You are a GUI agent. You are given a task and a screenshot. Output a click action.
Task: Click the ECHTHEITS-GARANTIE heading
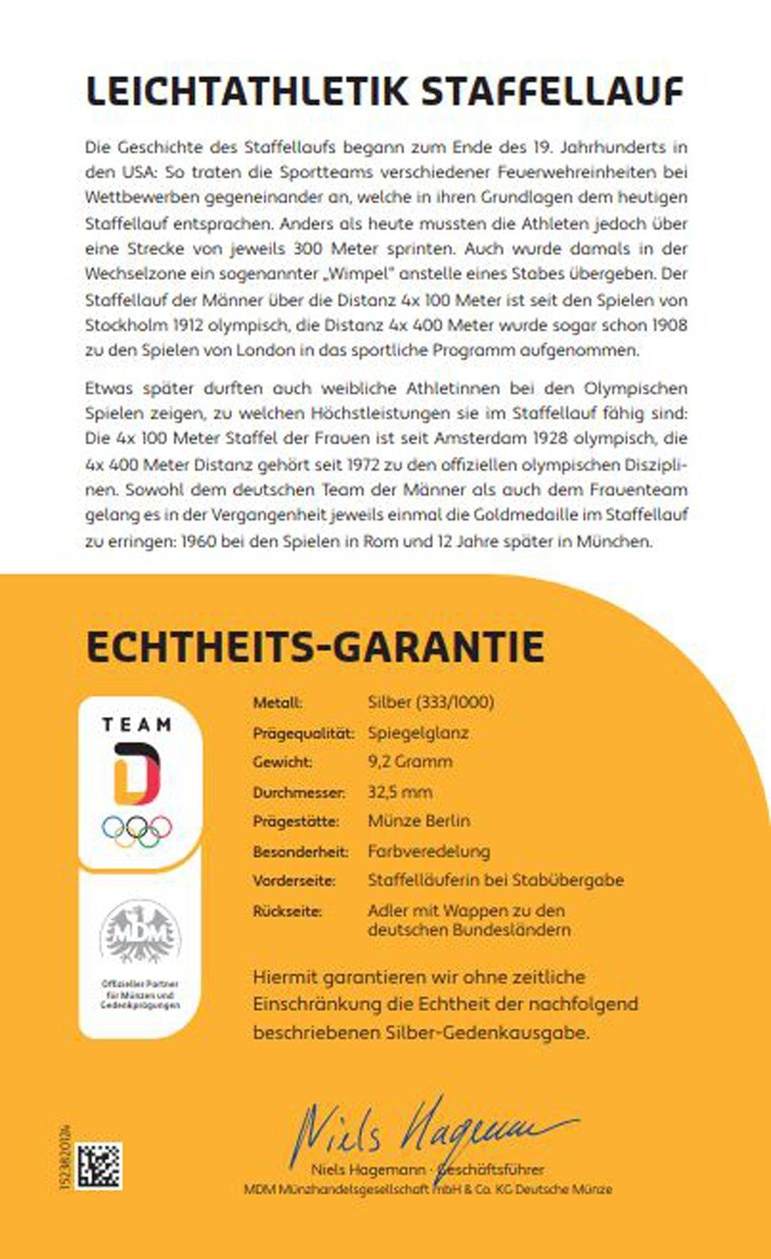tap(315, 646)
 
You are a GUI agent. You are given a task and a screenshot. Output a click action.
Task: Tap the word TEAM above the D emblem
tap(137, 725)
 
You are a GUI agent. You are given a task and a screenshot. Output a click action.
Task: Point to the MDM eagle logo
tap(140, 933)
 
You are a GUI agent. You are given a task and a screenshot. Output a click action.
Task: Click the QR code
tap(99, 1166)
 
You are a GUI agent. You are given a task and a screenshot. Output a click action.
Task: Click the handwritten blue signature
tap(428, 1132)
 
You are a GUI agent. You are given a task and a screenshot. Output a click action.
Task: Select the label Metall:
tap(278, 703)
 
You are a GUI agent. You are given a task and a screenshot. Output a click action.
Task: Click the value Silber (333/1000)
tap(430, 702)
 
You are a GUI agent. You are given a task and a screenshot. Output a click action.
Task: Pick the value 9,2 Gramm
tap(410, 761)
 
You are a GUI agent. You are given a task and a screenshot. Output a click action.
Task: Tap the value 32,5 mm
tap(400, 791)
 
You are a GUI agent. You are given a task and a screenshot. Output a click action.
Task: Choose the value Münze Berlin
tap(418, 821)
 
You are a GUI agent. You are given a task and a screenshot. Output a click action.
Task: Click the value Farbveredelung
tap(428, 851)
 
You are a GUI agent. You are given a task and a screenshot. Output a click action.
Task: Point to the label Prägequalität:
tap(303, 733)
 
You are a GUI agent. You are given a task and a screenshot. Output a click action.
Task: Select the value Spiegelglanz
tap(418, 733)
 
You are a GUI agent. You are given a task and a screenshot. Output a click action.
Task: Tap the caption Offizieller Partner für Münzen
tap(140, 990)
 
